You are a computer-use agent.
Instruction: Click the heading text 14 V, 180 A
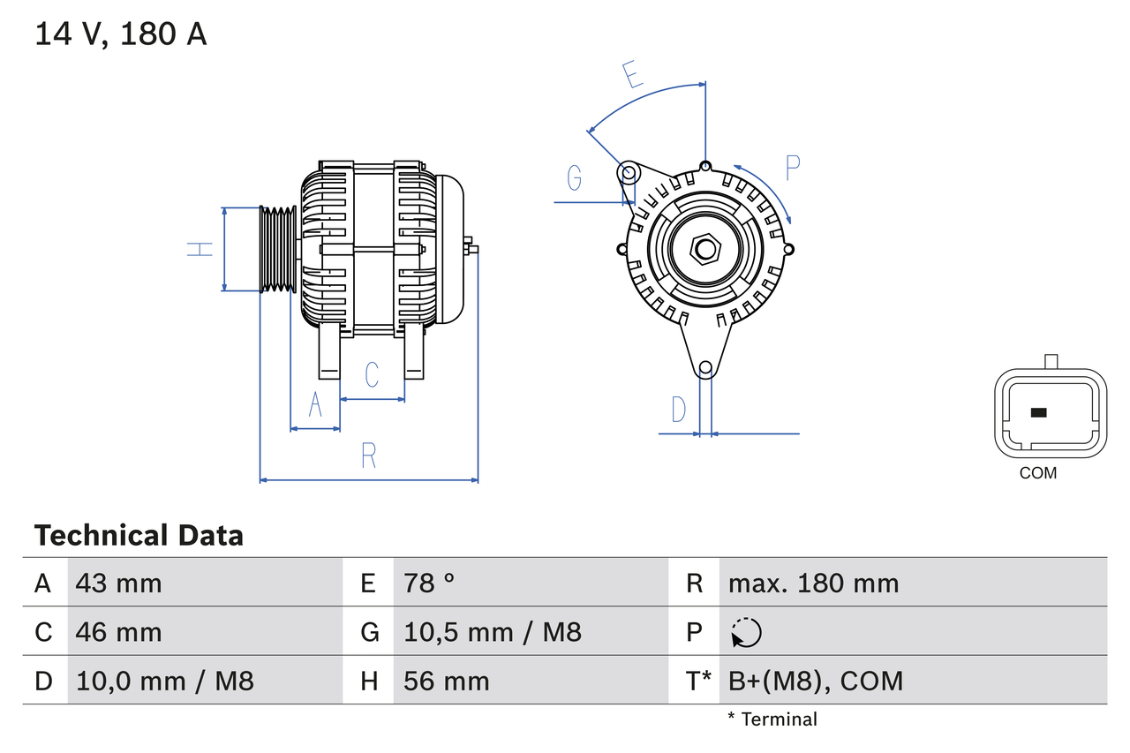121,34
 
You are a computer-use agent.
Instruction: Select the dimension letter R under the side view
369,456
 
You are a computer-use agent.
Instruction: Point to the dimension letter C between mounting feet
372,374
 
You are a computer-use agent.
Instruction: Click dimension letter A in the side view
315,406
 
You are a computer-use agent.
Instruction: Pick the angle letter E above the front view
631,75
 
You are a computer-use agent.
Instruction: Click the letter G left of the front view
575,178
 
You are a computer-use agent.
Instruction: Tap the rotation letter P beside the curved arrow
792,168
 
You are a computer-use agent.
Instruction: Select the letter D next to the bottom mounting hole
678,410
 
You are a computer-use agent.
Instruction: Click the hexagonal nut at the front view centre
704,249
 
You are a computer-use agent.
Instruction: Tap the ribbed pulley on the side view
277,249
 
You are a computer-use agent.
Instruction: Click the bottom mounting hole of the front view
705,368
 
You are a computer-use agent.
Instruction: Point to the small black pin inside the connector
1039,412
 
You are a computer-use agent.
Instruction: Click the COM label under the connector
1037,473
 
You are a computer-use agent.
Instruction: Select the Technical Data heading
139,536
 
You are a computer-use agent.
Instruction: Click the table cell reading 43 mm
119,583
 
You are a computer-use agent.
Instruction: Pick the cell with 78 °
430,583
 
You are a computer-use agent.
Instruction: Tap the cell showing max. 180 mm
813,583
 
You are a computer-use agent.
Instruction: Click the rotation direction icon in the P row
746,632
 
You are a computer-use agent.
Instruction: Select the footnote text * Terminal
772,719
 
